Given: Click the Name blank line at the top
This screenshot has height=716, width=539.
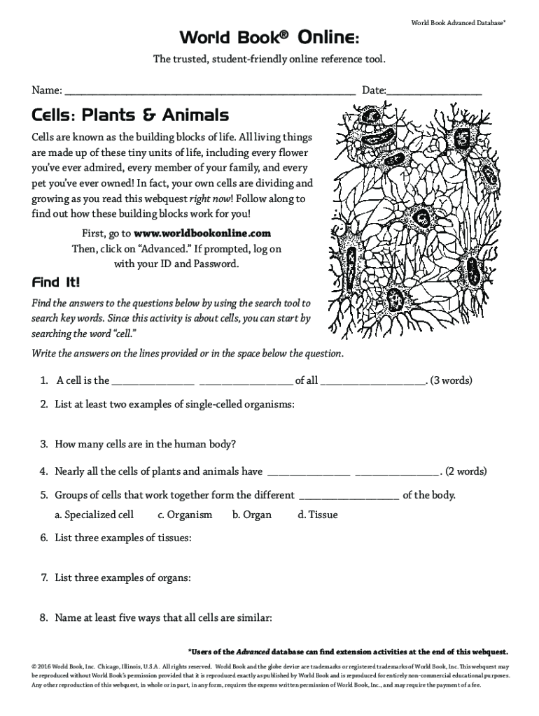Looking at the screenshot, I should [x=210, y=92].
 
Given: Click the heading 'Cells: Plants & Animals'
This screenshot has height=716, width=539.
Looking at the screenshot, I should [x=130, y=115].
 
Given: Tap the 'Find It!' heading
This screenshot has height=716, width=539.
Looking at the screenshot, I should [x=56, y=283].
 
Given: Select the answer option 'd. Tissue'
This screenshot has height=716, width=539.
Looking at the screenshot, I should [x=317, y=515].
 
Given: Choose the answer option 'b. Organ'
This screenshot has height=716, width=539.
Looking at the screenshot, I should [x=251, y=515].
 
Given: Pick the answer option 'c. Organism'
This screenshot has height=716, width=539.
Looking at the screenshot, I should [x=185, y=515].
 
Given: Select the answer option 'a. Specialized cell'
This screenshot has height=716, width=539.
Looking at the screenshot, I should [x=94, y=515].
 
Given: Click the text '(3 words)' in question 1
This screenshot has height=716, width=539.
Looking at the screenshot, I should [x=451, y=381].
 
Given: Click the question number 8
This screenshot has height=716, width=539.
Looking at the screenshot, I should [x=43, y=618].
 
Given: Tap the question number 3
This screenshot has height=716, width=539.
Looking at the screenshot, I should [x=43, y=444].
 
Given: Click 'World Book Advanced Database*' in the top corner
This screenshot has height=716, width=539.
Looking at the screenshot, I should [x=458, y=23].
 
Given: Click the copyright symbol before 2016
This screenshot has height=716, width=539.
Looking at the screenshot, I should [x=34, y=666].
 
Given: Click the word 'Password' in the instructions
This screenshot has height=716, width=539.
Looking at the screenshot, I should [x=216, y=264].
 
